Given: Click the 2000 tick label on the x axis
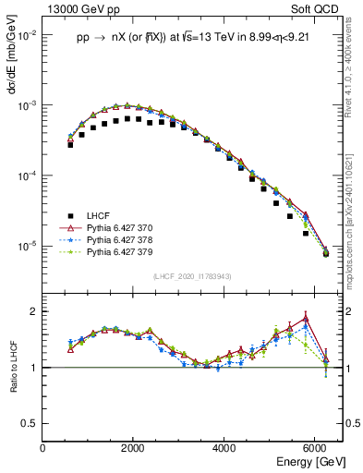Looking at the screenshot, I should point(134,448).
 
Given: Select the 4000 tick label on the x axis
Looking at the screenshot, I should point(225,448).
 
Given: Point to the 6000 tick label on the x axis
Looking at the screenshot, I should point(316,448).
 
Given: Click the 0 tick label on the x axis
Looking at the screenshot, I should point(43,448).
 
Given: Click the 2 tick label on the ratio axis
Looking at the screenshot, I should point(34,311).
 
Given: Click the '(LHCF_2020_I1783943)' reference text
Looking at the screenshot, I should point(192,277).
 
